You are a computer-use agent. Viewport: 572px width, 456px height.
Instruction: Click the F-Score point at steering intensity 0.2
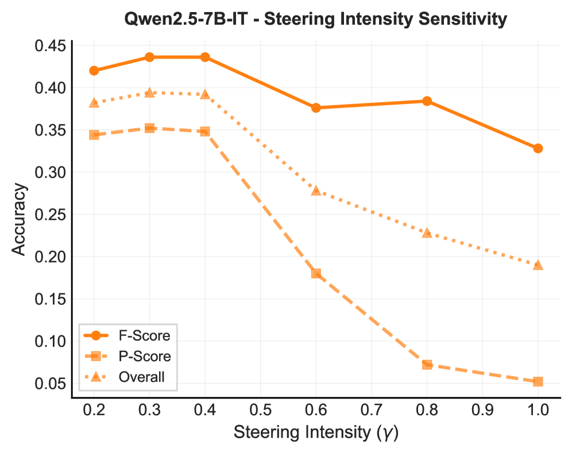(x=94, y=71)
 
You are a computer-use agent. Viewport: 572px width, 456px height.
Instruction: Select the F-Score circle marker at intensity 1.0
(x=538, y=148)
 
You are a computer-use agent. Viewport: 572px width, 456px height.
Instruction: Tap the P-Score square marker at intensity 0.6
(x=316, y=273)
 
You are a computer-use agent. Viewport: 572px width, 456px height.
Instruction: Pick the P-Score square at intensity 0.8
(x=427, y=364)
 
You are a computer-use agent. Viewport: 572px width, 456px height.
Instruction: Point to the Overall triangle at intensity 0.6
(x=316, y=190)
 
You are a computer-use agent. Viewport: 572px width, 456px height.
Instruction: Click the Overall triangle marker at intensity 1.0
(x=538, y=265)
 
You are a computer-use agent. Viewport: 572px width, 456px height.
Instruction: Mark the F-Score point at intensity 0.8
(x=427, y=101)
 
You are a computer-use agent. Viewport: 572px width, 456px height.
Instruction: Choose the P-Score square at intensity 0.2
(x=94, y=135)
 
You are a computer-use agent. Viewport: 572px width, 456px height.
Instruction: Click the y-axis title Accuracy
(x=18, y=218)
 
